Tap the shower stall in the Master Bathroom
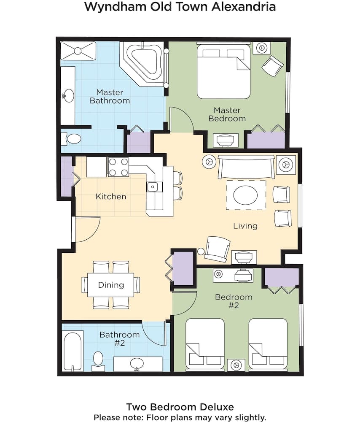(78, 51)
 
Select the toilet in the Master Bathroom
(71, 139)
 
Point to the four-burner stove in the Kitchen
(118, 167)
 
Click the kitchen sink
(153, 187)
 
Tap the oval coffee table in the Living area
(245, 195)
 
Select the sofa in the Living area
(246, 167)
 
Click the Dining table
(111, 285)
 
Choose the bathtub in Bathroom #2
(73, 351)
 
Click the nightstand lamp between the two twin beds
(236, 365)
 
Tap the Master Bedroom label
(227, 114)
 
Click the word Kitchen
(111, 197)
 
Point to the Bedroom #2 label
(234, 301)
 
